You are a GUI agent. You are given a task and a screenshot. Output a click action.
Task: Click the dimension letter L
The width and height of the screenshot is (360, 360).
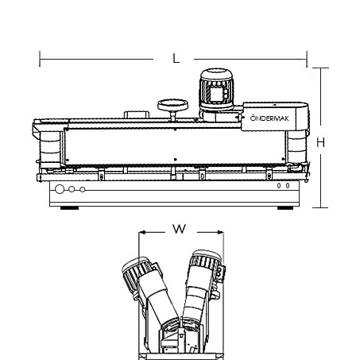(x=176, y=58)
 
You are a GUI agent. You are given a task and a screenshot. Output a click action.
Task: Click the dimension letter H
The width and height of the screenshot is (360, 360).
(x=320, y=143)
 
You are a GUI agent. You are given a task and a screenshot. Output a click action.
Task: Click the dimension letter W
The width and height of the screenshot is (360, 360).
(x=180, y=229)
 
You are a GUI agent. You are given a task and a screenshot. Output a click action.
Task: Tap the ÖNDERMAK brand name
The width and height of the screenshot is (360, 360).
(x=269, y=118)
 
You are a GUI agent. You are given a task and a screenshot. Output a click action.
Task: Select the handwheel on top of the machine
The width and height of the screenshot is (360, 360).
(x=173, y=106)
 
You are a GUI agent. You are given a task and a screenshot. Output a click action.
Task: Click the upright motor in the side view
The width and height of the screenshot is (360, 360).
(x=217, y=89)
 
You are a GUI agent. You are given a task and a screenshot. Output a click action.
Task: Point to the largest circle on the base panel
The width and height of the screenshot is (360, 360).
(x=60, y=189)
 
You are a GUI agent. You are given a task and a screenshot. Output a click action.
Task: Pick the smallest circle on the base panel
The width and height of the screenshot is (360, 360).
(x=83, y=189)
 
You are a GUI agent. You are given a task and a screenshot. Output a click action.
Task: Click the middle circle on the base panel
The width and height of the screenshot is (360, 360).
(x=72, y=189)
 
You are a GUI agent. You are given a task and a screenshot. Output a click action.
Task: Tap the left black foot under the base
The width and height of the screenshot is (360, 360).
(x=69, y=208)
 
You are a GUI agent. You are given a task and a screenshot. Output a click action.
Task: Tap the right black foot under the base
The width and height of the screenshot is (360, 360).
(x=285, y=208)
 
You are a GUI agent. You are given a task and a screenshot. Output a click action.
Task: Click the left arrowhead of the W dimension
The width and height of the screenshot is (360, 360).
(x=142, y=232)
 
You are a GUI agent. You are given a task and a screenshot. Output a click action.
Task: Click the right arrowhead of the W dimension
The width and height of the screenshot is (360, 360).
(x=220, y=232)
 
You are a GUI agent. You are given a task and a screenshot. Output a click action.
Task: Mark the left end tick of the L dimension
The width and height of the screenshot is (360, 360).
(x=40, y=59)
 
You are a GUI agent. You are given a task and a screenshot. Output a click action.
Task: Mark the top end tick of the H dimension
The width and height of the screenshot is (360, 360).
(x=320, y=68)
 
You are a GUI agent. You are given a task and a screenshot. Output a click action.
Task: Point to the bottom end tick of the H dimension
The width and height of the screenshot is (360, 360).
(x=320, y=207)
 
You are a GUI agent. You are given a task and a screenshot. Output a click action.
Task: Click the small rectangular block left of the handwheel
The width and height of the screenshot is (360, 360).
(x=137, y=114)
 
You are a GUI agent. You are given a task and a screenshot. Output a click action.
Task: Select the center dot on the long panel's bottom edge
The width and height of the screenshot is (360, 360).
(x=175, y=160)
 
